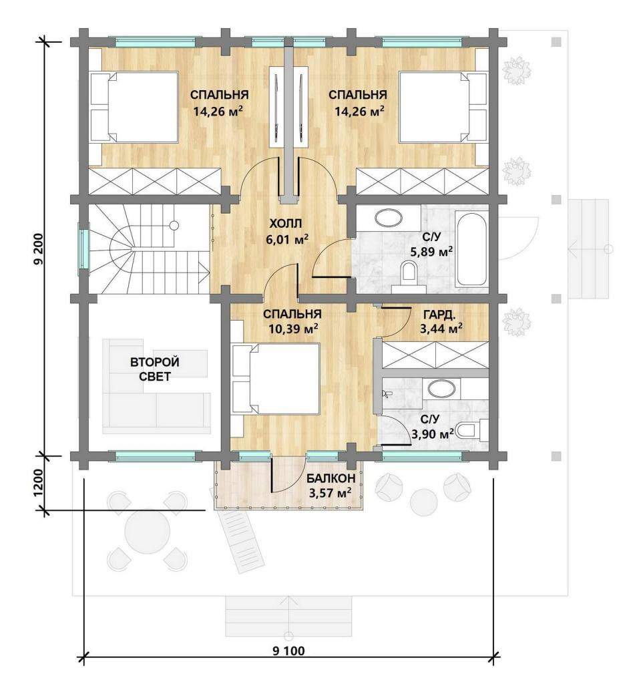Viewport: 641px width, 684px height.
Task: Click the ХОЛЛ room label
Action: point(286,224)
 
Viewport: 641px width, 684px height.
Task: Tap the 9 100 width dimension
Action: point(288,651)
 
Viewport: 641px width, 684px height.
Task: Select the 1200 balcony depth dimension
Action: point(38,483)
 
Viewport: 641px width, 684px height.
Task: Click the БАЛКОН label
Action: point(331,478)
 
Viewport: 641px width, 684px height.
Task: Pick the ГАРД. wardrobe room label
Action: point(439,315)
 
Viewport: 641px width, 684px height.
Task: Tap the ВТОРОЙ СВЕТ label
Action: point(155,369)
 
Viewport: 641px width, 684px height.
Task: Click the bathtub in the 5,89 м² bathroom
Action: point(470,248)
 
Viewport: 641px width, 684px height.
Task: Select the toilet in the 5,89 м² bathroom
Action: point(409,275)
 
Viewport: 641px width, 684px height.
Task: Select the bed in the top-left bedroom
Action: point(134,107)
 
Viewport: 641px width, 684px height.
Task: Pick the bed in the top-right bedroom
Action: point(443,107)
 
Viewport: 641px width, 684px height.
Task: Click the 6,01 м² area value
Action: point(287,239)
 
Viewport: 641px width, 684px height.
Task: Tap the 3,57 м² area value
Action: point(330,494)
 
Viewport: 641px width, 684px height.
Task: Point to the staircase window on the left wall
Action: point(83,249)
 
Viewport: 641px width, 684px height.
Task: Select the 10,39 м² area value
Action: point(292,329)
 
